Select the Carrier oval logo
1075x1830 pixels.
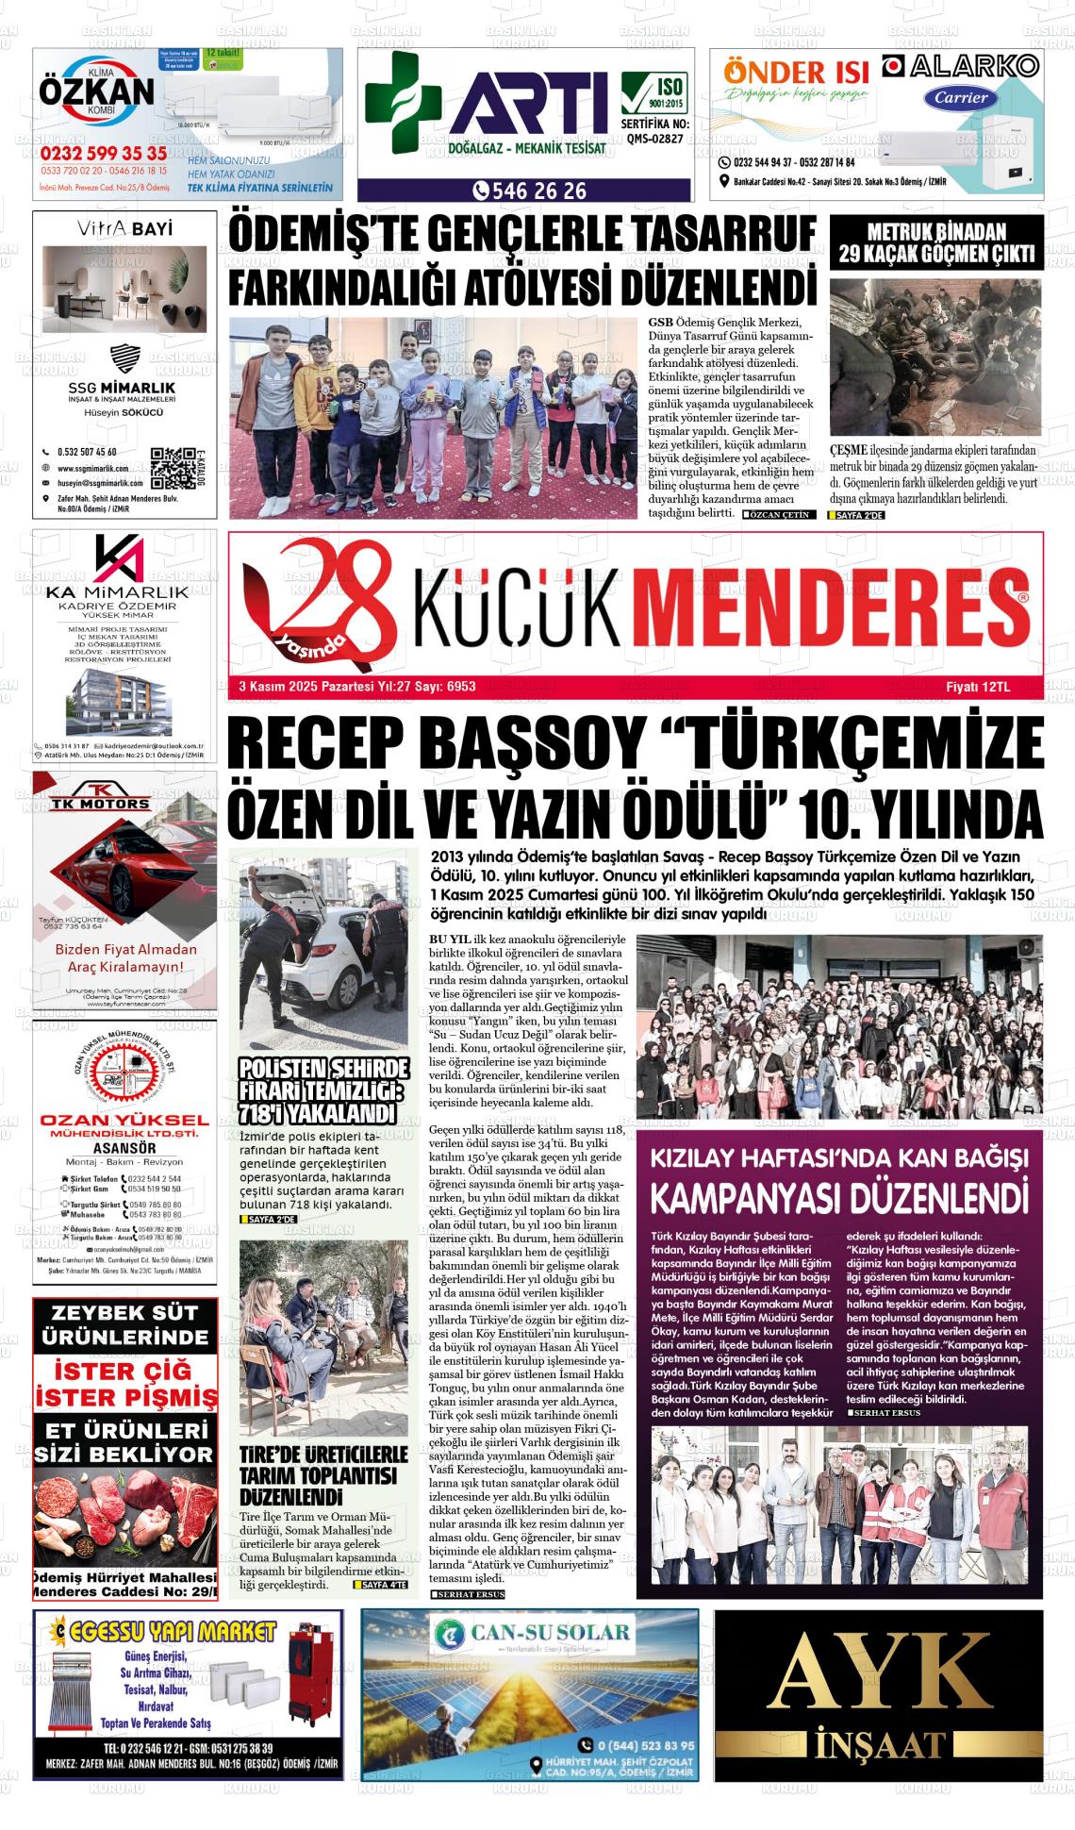[x=961, y=97]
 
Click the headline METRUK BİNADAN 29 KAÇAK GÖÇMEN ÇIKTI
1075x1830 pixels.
[x=936, y=242]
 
